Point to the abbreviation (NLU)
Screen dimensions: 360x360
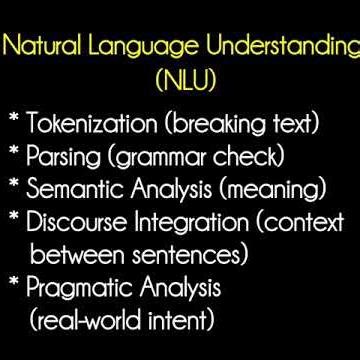click(x=180, y=76)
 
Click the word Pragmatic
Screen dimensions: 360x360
click(x=83, y=291)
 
